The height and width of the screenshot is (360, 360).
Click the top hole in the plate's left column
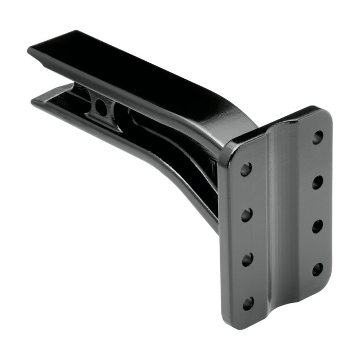tap(246, 169)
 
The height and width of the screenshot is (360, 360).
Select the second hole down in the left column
tap(246, 214)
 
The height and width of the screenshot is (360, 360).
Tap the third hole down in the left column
tap(247, 259)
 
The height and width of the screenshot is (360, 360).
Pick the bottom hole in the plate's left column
tap(248, 303)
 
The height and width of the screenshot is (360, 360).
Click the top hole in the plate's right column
tap(318, 137)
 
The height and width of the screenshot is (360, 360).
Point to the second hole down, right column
tap(317, 182)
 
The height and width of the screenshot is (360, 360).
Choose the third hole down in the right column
tap(317, 226)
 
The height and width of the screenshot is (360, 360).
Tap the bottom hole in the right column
tap(317, 269)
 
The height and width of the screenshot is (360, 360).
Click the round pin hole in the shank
tap(101, 107)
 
